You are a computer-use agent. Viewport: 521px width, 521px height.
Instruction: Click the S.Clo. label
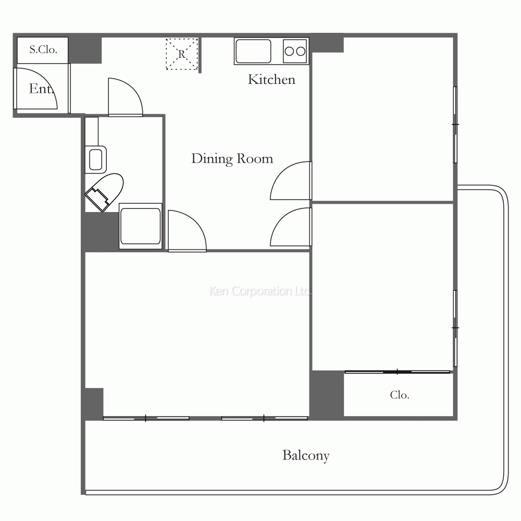point(43,49)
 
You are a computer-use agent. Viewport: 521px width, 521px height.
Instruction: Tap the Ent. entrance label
point(41,89)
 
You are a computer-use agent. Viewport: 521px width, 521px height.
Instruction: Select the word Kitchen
point(271,79)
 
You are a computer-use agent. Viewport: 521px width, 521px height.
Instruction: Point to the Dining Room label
point(232,159)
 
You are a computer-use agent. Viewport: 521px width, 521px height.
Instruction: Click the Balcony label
point(306,455)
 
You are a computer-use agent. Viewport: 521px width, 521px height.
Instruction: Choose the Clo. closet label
point(400,395)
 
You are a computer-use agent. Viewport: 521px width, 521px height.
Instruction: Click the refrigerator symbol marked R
point(182,54)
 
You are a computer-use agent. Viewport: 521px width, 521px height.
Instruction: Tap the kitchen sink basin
point(253,51)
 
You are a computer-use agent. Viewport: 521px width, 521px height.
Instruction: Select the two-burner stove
point(295,51)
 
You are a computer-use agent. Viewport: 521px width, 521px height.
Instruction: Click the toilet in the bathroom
point(105,192)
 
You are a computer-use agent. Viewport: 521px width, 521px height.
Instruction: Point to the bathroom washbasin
point(96,159)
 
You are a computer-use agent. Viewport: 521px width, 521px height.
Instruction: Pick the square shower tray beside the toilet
point(141,226)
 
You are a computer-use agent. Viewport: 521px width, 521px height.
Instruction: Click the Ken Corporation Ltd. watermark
point(260,291)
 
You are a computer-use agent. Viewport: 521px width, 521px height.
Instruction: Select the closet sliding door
point(398,372)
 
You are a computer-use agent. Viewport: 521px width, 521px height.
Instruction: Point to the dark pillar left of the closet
point(327,394)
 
